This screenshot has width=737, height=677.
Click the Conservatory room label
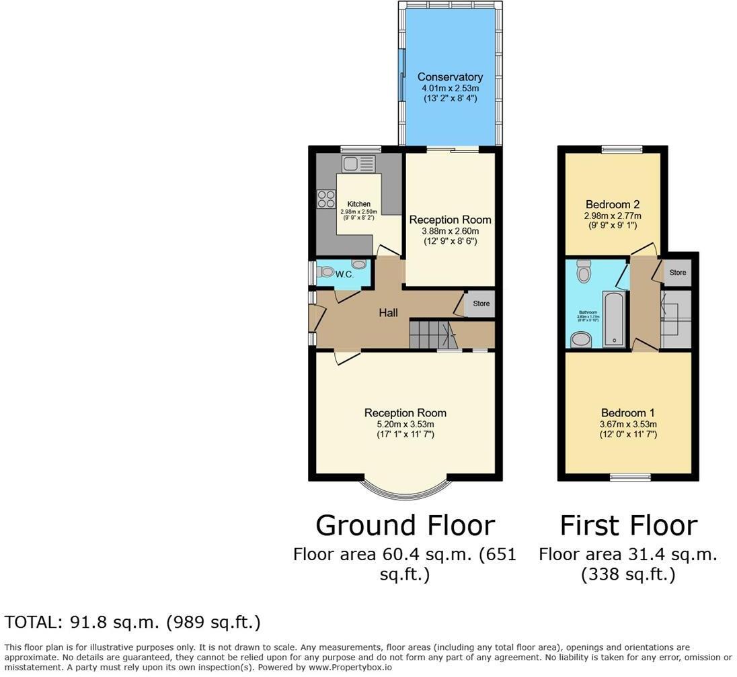click(450, 77)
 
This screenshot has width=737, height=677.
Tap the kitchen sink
click(358, 164)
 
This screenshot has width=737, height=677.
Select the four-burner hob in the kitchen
click(326, 199)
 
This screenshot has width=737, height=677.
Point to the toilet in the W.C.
click(327, 273)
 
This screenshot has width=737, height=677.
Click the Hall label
click(388, 312)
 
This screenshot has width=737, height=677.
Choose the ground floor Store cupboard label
click(481, 304)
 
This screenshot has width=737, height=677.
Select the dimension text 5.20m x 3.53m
click(405, 424)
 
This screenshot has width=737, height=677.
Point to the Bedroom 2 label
click(612, 205)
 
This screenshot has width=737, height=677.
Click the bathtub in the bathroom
click(614, 318)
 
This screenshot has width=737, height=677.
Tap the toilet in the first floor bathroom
click(583, 271)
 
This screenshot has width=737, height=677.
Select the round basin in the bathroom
click(580, 340)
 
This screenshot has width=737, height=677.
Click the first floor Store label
click(677, 273)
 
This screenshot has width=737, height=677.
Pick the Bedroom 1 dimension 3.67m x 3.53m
click(628, 424)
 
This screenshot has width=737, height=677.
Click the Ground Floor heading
click(405, 525)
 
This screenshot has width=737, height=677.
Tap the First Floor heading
click(628, 525)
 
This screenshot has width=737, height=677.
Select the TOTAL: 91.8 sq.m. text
click(132, 623)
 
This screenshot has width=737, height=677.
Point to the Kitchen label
click(358, 204)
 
